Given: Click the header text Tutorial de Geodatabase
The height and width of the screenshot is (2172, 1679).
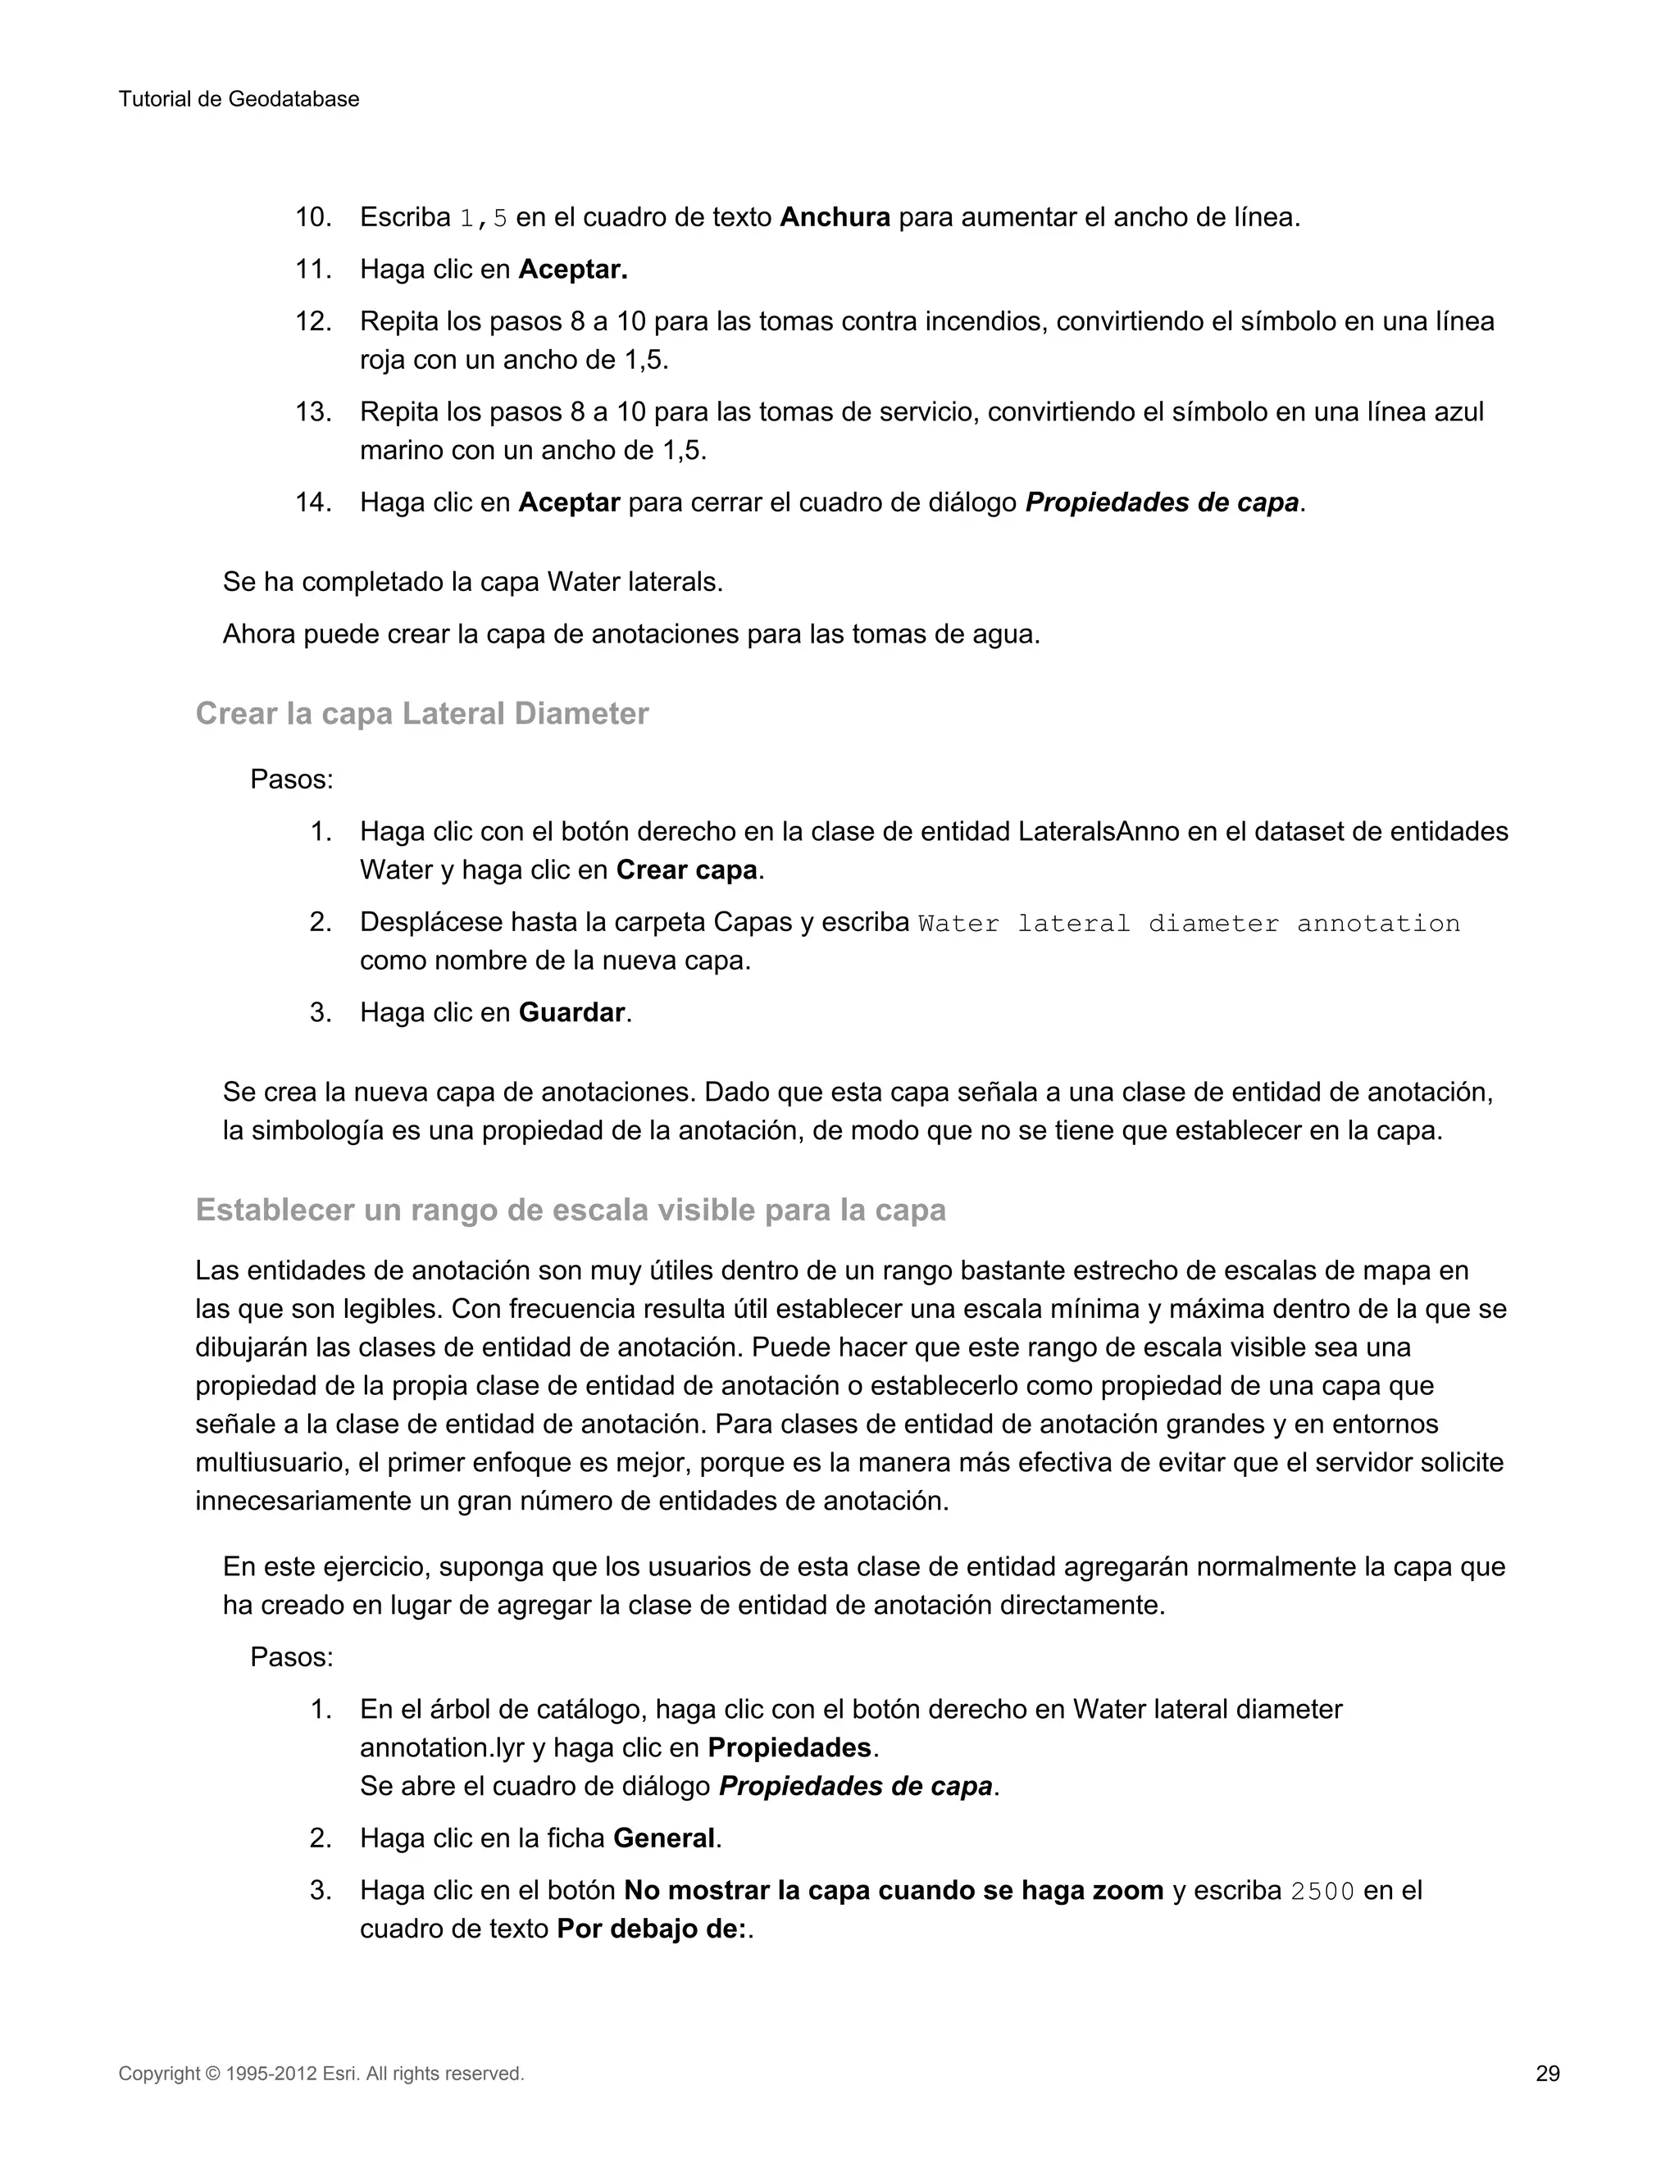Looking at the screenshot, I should pos(239,99).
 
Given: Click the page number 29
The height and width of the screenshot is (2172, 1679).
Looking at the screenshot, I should pos(1547,2074).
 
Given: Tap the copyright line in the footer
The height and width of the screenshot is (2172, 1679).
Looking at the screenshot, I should pos(321,2074).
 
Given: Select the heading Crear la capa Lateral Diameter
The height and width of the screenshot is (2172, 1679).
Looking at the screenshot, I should pos(421,713).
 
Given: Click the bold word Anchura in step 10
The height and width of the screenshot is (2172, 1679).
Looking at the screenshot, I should pos(835,217).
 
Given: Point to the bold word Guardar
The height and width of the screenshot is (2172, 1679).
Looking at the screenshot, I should pos(571,1012).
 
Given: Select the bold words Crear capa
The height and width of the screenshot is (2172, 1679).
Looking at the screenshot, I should pos(686,870).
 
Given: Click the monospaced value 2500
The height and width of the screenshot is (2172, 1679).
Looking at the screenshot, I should pos(1322,1891).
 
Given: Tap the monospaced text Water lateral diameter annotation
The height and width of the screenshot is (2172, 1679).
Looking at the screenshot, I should pos(1189,923).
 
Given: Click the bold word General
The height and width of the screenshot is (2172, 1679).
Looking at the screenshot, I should pos(663,1838).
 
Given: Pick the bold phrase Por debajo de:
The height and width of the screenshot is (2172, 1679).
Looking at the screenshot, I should pos(652,1929).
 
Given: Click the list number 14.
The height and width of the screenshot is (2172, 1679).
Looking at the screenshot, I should pos(312,502).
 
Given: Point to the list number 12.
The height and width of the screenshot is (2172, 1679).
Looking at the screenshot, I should pos(312,321).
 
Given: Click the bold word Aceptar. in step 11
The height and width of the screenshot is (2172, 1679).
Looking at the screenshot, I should pos(573,270).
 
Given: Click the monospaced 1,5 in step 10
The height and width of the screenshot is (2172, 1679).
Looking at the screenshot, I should pos(484,218).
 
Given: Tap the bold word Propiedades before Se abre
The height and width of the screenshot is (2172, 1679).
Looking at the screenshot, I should pos(789,1747).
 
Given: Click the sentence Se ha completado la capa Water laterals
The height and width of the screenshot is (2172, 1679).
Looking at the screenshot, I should pos(472,582).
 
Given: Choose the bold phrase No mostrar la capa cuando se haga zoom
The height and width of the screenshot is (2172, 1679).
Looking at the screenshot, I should pos(894,1891).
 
